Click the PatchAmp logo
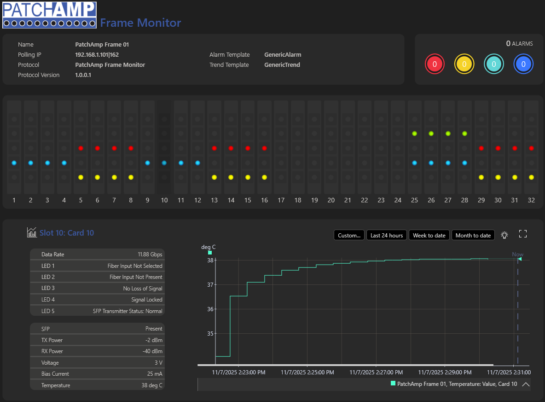pos(49,15)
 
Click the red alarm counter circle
pos(435,64)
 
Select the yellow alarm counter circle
pos(464,64)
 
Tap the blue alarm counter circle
pos(523,64)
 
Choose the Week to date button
pos(429,235)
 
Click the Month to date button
pos(473,235)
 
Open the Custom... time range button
pos(349,235)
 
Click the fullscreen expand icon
pos(523,234)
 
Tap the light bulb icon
pos(504,235)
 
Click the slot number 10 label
pos(164,200)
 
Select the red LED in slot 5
pos(81,148)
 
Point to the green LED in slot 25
pos(414,134)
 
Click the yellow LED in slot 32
pos(531,177)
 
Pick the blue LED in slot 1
pos(14,163)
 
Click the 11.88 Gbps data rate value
pos(150,254)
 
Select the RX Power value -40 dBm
pos(152,351)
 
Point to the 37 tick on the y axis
pos(210,285)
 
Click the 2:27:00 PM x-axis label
pos(376,372)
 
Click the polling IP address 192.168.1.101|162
pos(97,55)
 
